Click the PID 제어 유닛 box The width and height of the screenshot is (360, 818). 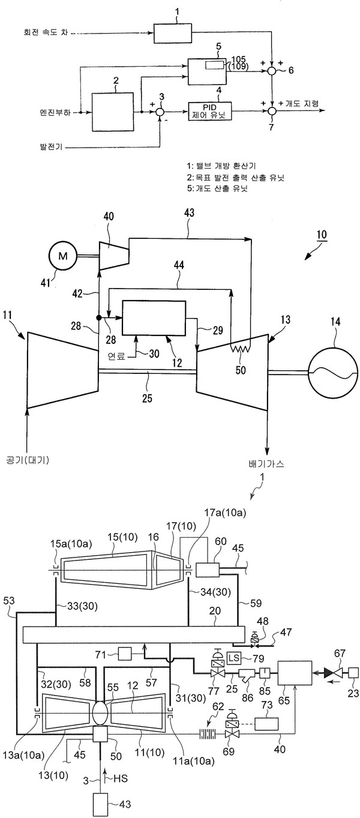209,111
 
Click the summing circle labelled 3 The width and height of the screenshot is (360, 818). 160,112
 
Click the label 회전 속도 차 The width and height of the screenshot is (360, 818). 46,32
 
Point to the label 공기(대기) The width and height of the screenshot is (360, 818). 28,460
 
